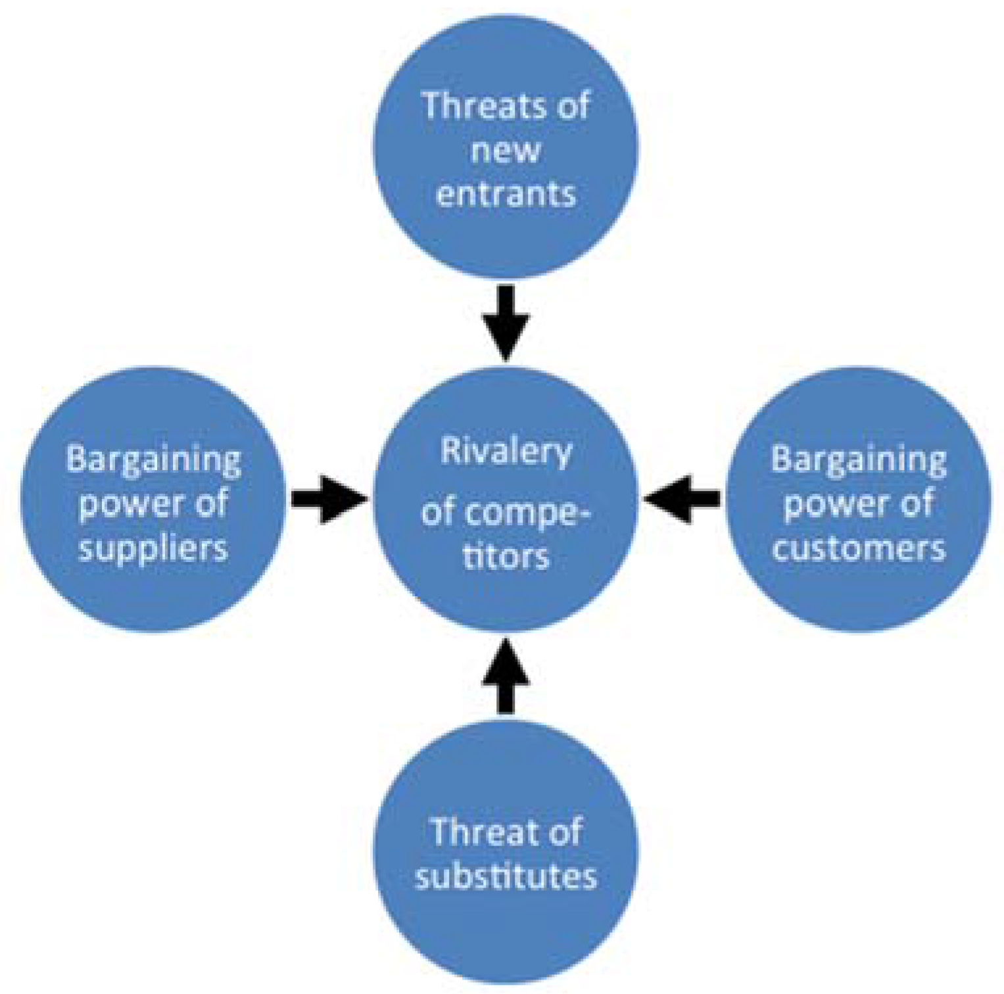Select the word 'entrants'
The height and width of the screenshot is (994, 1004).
(x=506, y=194)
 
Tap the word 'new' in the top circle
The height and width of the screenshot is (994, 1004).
(x=506, y=151)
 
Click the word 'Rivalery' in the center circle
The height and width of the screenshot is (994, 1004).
(x=506, y=452)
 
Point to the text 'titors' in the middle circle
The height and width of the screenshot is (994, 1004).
(x=506, y=556)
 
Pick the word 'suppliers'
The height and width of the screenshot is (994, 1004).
(x=153, y=548)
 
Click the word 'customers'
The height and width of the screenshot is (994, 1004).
(x=858, y=548)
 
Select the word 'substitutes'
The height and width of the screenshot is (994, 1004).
(x=506, y=877)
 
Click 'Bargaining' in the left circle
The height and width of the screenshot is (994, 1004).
(x=153, y=459)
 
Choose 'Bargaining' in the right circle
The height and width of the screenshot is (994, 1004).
(x=858, y=459)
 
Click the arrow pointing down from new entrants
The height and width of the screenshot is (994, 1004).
(x=506, y=322)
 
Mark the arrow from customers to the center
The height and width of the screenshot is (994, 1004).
(x=682, y=500)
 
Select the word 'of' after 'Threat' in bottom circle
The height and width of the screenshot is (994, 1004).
(x=564, y=832)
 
